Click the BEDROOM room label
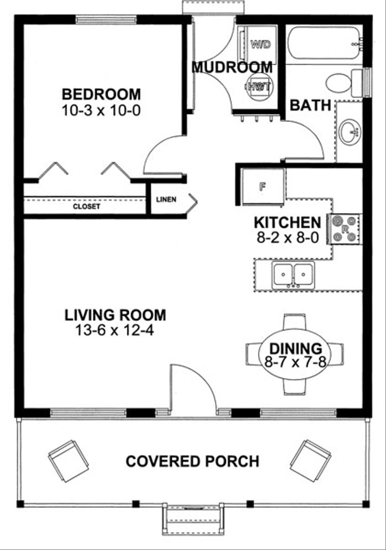click(x=101, y=94)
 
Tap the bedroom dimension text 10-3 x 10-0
click(x=101, y=110)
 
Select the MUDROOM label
click(x=232, y=67)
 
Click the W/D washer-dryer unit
click(x=260, y=44)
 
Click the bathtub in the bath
click(x=323, y=43)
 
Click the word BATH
click(x=310, y=105)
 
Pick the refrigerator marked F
click(x=262, y=186)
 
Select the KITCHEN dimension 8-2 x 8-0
click(x=288, y=238)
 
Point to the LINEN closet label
click(x=166, y=199)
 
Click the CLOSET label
click(x=86, y=206)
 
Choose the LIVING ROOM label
click(x=115, y=315)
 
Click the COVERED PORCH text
click(x=192, y=461)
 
